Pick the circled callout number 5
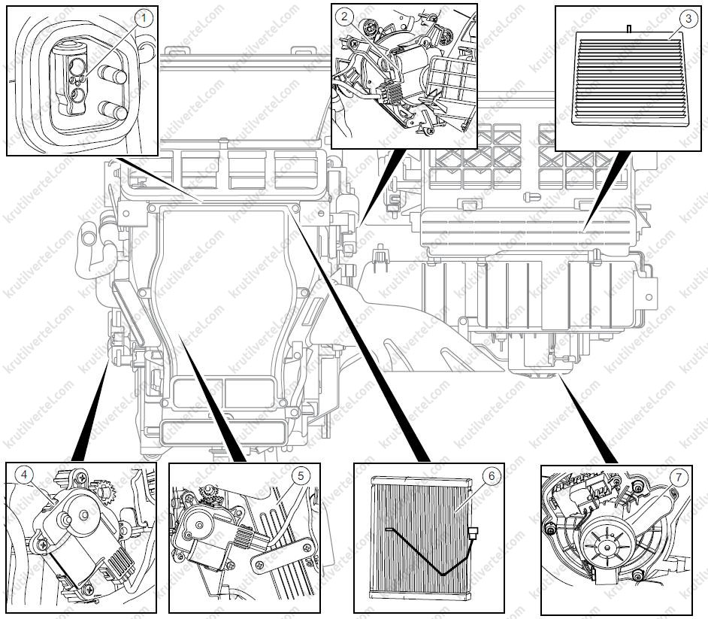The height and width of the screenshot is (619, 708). point(300,475)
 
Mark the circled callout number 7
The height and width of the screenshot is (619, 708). point(679,475)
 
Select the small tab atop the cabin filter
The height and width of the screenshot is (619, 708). point(627,28)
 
